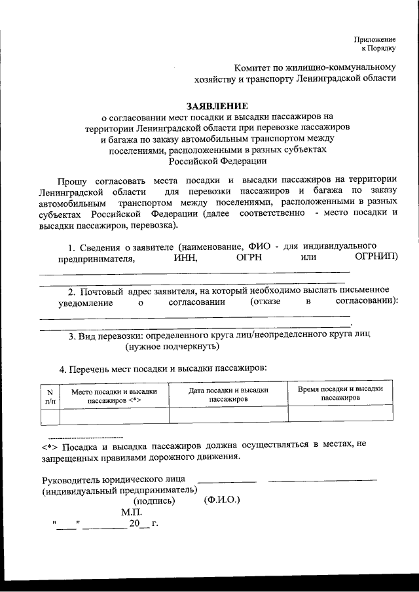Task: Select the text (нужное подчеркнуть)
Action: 163,346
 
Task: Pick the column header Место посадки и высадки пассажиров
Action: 115,394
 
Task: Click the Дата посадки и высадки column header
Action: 228,393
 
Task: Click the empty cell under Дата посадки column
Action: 228,414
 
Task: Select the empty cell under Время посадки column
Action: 340,414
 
